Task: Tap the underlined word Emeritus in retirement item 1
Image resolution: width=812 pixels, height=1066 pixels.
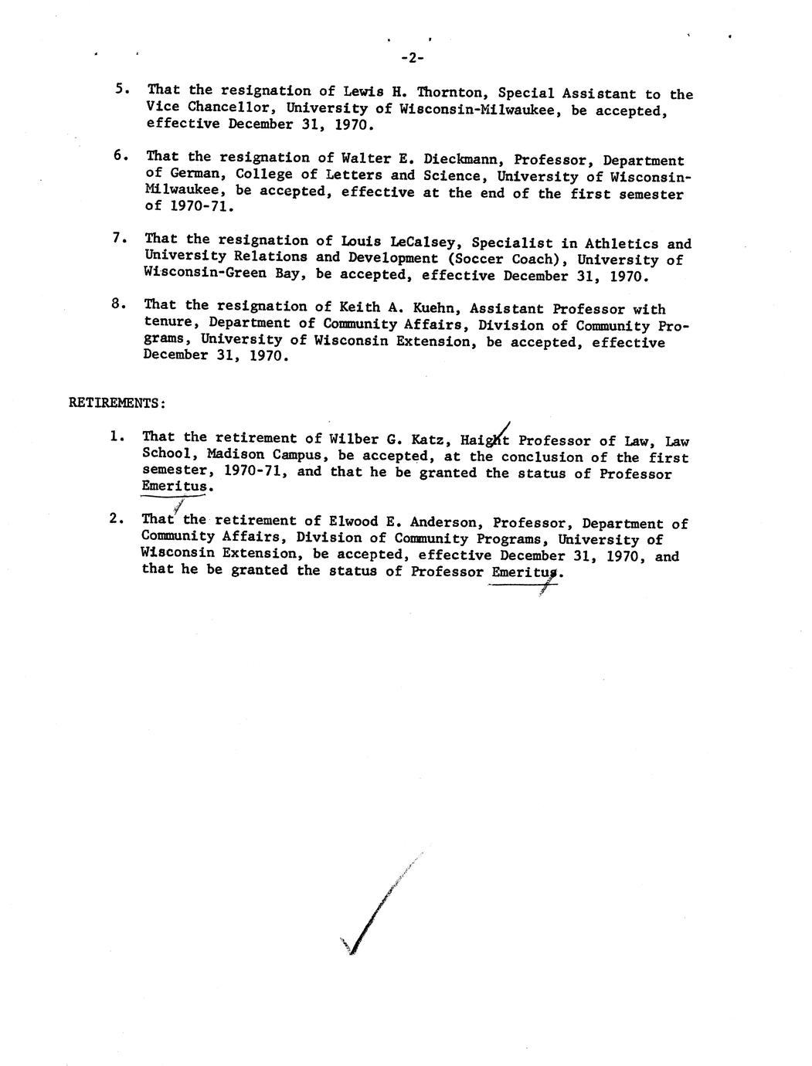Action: [175, 487]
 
